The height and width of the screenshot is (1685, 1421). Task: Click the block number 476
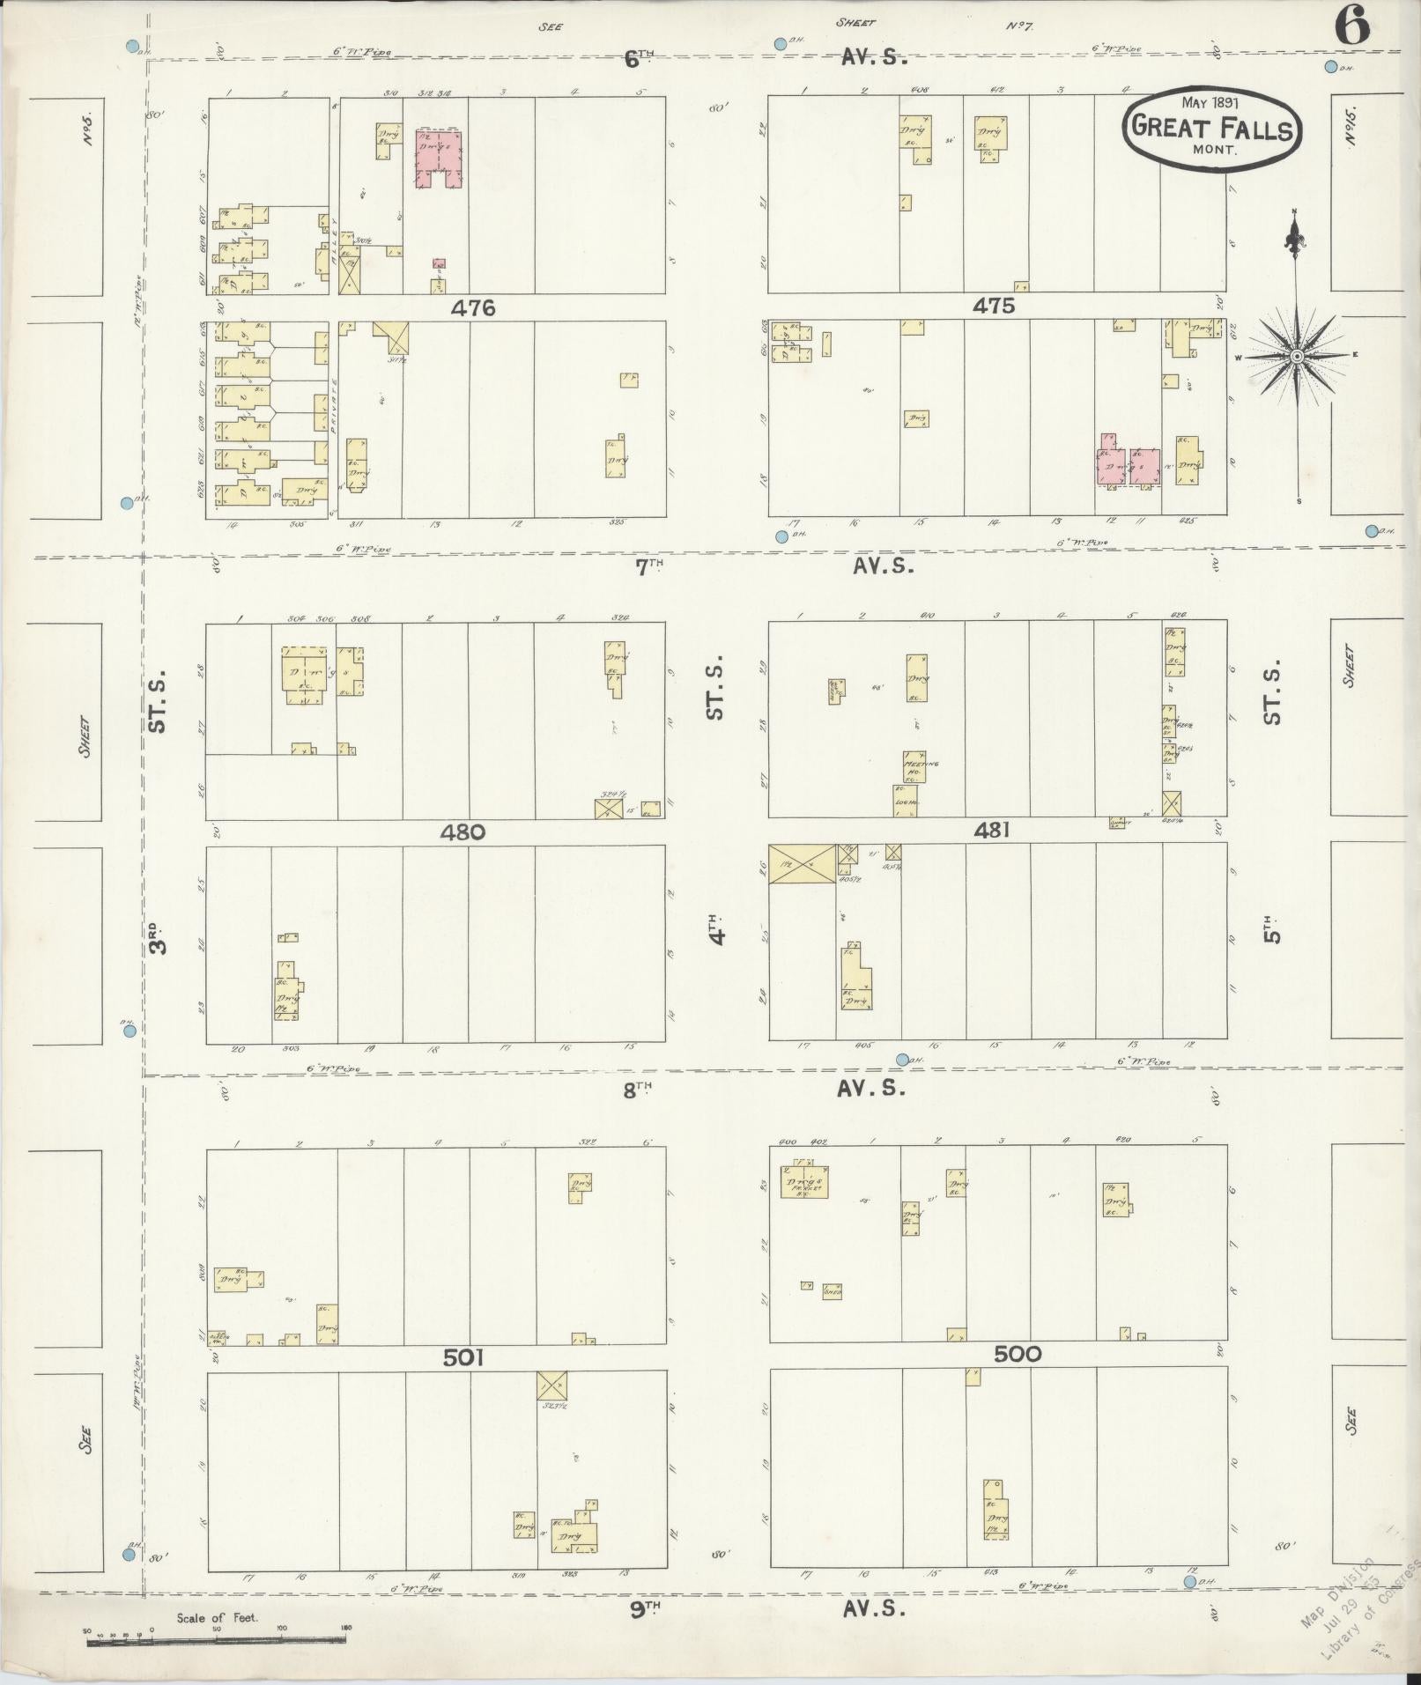coord(473,308)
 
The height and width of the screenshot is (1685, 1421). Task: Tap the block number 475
coord(994,306)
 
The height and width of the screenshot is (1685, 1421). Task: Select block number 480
coord(463,831)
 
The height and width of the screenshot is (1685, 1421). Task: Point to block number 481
coord(992,830)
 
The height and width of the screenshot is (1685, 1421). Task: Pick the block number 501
coord(463,1358)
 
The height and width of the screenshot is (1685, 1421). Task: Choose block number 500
coord(1018,1355)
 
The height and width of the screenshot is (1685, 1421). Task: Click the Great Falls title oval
coord(1211,129)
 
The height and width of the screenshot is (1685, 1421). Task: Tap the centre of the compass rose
coord(1296,356)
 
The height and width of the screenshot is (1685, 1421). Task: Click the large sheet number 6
coord(1352,28)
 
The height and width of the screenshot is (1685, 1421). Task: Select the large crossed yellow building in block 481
coord(802,863)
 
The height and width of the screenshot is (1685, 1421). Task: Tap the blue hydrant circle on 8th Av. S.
coord(902,1060)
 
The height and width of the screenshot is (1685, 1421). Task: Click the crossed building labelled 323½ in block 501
coord(552,1386)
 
